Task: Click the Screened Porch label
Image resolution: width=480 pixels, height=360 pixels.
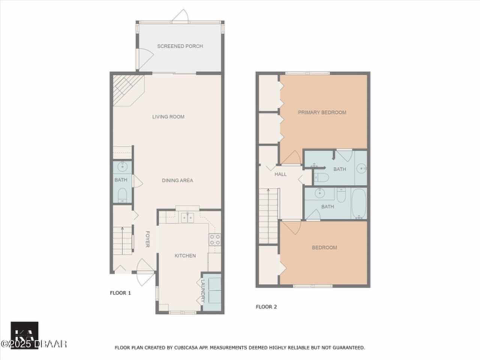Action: pos(180,46)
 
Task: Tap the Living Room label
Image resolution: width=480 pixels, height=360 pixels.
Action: pos(168,117)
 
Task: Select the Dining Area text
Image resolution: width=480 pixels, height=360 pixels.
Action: pos(177,180)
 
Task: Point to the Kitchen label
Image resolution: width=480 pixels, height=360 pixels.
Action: pos(185,255)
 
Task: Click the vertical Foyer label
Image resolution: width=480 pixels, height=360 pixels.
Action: pos(148,239)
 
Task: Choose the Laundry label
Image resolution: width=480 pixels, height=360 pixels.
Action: pos(203,291)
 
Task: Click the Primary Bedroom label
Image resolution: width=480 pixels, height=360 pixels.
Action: pos(322,112)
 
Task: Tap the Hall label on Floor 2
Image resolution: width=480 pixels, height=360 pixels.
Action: pos(280,174)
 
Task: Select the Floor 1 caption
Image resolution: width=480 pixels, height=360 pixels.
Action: pos(120,293)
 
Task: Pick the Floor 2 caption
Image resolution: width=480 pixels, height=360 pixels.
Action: pos(266,307)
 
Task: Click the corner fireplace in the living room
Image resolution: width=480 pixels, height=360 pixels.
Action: pos(129,91)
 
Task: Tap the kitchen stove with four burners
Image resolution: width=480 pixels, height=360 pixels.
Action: pos(214,240)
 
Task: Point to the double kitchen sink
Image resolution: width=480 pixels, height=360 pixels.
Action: pos(187,217)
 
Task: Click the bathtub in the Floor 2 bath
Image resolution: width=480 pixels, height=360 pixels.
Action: pos(358,204)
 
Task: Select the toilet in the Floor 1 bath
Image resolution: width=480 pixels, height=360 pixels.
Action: pos(122,195)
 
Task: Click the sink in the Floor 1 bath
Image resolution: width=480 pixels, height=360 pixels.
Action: pos(122,167)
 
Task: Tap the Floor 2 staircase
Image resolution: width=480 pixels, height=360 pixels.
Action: pos(268,216)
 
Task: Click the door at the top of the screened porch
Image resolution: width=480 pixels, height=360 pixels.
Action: pos(180,16)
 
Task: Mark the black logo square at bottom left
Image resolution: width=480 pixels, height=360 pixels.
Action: pos(25,335)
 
